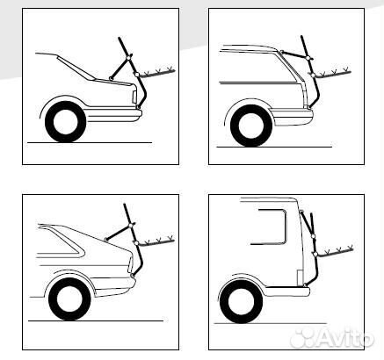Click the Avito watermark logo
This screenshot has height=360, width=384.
pos(332,338)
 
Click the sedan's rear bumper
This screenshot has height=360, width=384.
pos(114,114)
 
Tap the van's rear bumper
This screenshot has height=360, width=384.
pos(287,292)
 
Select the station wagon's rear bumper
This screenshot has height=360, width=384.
pos(292,117)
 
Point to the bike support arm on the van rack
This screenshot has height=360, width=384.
pos(335,252)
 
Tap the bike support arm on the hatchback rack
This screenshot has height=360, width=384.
pos(156,241)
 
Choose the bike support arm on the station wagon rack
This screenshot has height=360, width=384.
pos(332,73)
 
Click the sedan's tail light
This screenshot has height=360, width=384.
pos(134,97)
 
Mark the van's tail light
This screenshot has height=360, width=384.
pos(300,277)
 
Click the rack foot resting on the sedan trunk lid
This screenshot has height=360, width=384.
pos(111,78)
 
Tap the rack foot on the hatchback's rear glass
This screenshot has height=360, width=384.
pos(105,240)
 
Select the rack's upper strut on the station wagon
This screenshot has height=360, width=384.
pos(294,54)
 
